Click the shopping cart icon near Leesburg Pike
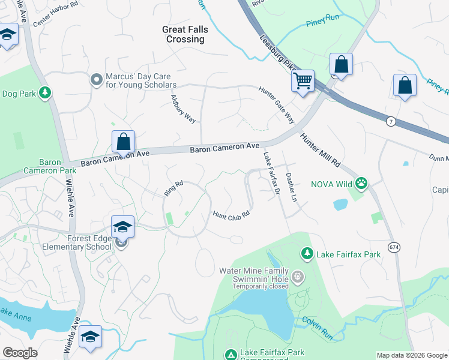pos(303,80)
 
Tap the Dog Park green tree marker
pos(44,93)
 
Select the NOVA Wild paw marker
pos(361,182)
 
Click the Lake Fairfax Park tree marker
pos(307,254)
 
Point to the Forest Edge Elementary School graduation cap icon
pos(122,227)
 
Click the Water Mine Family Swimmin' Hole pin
pos(298,277)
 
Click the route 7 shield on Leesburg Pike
pos(391,122)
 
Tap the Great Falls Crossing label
pos(183,34)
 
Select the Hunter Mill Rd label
pos(321,151)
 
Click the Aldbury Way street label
pos(183,109)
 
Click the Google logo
pos(20,353)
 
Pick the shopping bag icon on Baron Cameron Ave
pos(123,142)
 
